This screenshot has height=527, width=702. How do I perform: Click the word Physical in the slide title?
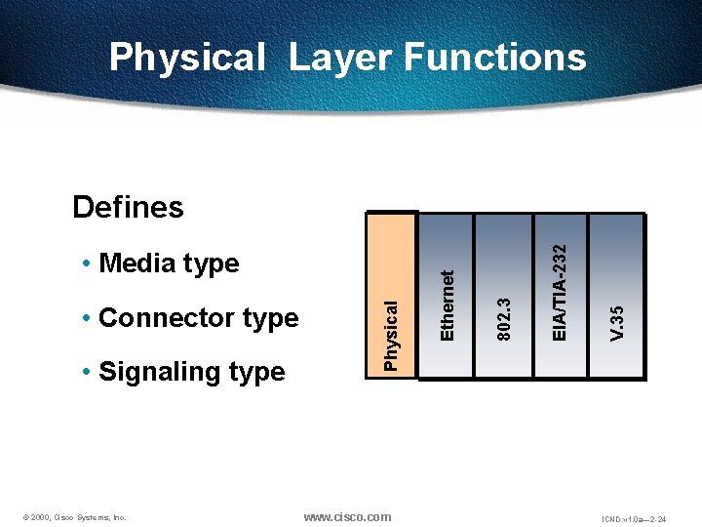(x=186, y=58)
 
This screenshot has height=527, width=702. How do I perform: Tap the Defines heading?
(x=128, y=207)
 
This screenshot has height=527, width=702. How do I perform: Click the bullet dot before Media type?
(x=88, y=264)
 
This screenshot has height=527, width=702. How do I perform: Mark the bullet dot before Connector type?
(x=88, y=319)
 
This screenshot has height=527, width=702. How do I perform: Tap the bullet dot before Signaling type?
(x=88, y=373)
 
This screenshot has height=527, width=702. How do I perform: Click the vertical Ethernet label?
(x=448, y=305)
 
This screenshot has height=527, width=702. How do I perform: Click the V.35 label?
(x=616, y=323)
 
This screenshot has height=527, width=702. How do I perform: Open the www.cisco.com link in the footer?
(x=347, y=516)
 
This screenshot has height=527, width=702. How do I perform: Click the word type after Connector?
(x=270, y=318)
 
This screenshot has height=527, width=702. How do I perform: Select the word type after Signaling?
(x=256, y=372)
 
